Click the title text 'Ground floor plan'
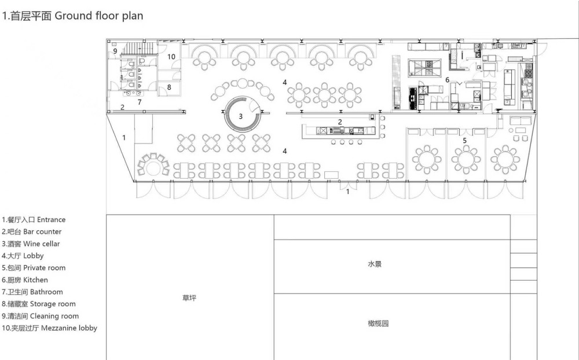pyautogui.click(x=98, y=16)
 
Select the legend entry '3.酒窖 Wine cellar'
pyautogui.click(x=31, y=244)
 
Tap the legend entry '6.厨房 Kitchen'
pyautogui.click(x=25, y=280)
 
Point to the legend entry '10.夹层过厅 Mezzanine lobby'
pyautogui.click(x=49, y=328)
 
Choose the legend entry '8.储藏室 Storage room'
pyautogui.click(x=38, y=304)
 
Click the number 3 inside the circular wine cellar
pyautogui.click(x=240, y=116)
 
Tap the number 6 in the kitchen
pyautogui.click(x=447, y=80)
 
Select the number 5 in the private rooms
pyautogui.click(x=464, y=141)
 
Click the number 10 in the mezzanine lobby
pyautogui.click(x=171, y=57)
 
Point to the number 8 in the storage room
pyautogui.click(x=169, y=87)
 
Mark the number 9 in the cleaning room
pyautogui.click(x=115, y=51)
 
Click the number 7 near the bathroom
pyautogui.click(x=139, y=102)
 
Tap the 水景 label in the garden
pyautogui.click(x=375, y=264)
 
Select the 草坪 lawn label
pyautogui.click(x=189, y=297)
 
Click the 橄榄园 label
pyautogui.click(x=378, y=324)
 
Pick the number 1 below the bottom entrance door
pyautogui.click(x=347, y=192)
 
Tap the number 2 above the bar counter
pyautogui.click(x=340, y=122)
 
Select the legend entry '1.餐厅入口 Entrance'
pyautogui.click(x=34, y=220)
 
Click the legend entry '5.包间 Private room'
pyautogui.click(x=34, y=268)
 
